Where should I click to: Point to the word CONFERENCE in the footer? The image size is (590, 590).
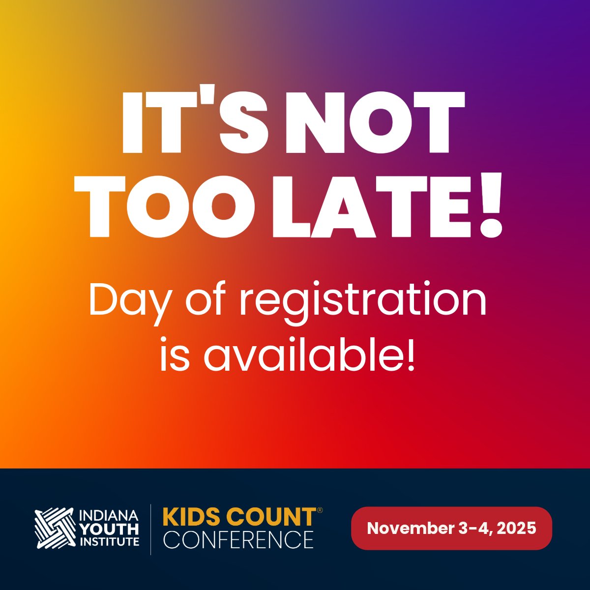coord(238,539)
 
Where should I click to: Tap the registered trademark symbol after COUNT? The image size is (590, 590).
coord(320,511)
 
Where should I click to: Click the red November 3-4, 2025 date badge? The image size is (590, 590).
coord(451,529)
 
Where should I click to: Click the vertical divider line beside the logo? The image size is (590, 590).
coord(151,529)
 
